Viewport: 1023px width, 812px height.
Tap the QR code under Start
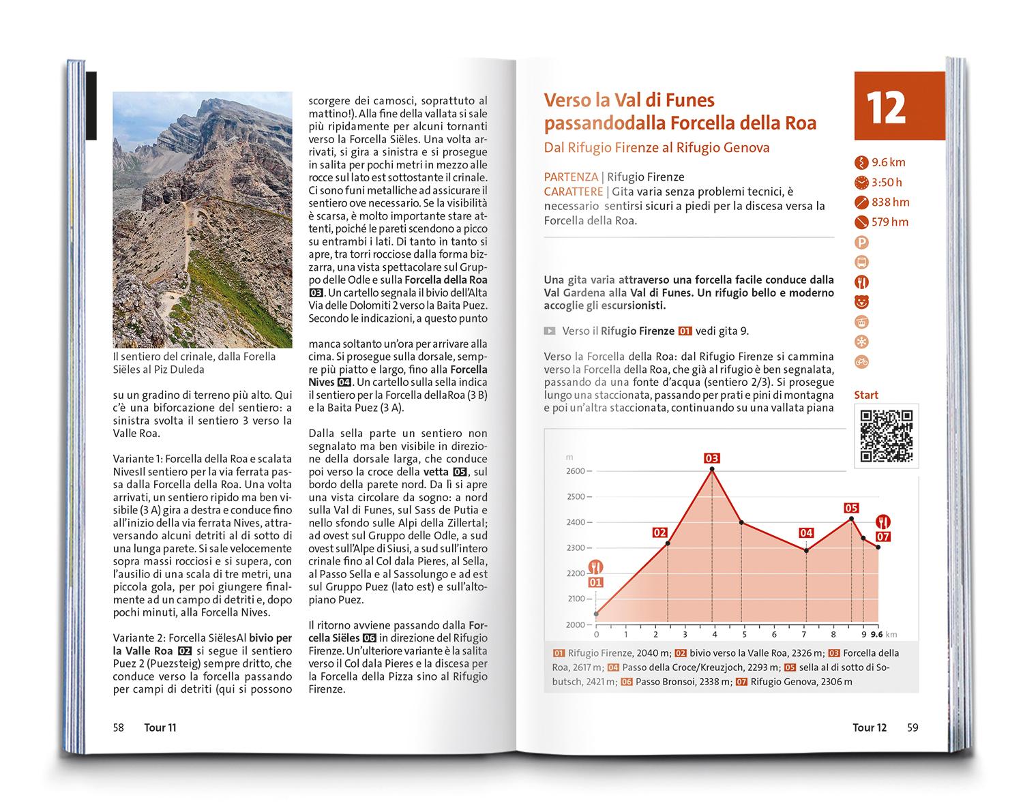[x=886, y=436]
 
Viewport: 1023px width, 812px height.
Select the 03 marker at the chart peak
[x=712, y=458]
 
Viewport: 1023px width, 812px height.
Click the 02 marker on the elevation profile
[x=659, y=532]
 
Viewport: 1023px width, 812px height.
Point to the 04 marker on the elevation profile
[x=806, y=533]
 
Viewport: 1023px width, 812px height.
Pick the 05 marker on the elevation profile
[x=850, y=508]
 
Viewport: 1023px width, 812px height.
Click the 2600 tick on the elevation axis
[x=576, y=471]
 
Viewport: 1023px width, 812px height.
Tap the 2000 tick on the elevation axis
[x=576, y=625]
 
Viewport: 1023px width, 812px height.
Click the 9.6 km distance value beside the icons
[x=889, y=162]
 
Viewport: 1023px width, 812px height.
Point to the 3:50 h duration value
[x=887, y=182]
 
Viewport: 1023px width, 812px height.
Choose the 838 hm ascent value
[x=890, y=202]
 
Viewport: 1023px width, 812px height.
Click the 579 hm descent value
[x=890, y=222]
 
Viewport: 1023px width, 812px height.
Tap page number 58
[x=119, y=727]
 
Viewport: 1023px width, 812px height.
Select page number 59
[x=913, y=727]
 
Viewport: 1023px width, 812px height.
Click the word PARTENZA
[x=571, y=177]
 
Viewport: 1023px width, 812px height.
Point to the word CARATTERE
[x=574, y=192]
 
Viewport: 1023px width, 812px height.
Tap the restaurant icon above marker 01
[x=596, y=566]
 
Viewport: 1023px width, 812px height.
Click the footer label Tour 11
[x=160, y=727]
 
